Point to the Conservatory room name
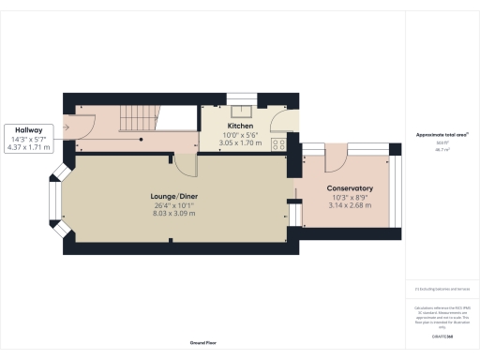(351, 187)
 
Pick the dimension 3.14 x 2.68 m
(351, 205)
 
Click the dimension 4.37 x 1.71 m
(29, 148)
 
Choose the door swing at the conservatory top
(327, 158)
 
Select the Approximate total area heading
(442, 135)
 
